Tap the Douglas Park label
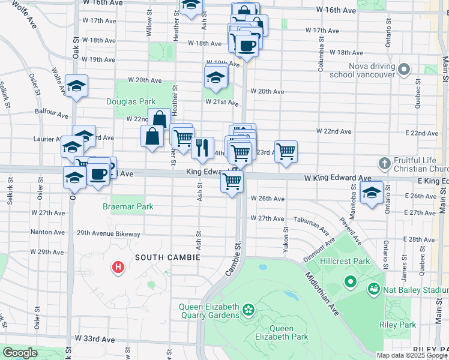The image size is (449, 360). click(131, 102)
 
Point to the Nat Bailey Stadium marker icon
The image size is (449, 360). click(375, 290)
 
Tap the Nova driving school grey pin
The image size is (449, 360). click(404, 69)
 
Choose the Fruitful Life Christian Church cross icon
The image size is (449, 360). click(385, 163)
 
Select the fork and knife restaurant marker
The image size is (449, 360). click(202, 147)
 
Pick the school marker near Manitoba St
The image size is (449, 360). click(372, 194)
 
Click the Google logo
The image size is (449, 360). click(20, 353)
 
